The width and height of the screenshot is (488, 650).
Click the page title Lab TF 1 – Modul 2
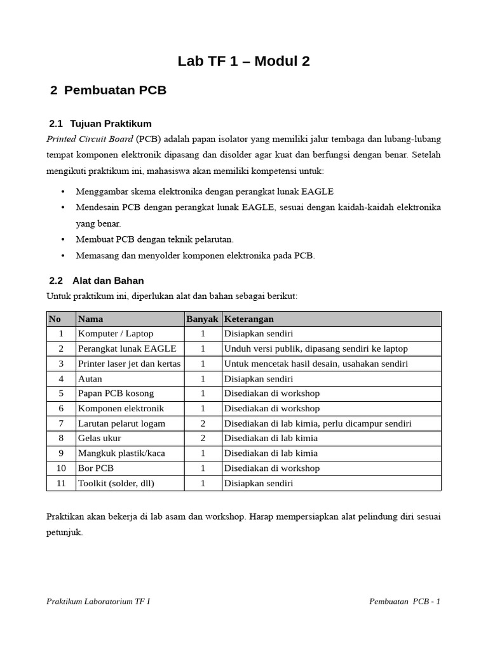coord(243,61)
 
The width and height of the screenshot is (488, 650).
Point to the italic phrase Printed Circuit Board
coord(90,138)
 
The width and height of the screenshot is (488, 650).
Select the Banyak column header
coord(202,319)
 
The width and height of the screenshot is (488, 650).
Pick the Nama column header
coord(91,319)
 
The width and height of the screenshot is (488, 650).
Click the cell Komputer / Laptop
coord(116,333)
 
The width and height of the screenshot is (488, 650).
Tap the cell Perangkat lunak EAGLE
coord(127,348)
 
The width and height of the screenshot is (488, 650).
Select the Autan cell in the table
coord(90,378)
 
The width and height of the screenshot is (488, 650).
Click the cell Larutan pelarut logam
coord(121,423)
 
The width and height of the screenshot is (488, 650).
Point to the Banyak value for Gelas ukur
coord(203,438)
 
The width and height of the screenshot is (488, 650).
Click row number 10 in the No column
coord(61,468)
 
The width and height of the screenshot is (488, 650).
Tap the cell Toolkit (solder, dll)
coord(116,483)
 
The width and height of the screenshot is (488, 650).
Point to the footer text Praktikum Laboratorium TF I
coord(98,602)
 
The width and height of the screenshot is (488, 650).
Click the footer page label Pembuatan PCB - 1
coord(404,602)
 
